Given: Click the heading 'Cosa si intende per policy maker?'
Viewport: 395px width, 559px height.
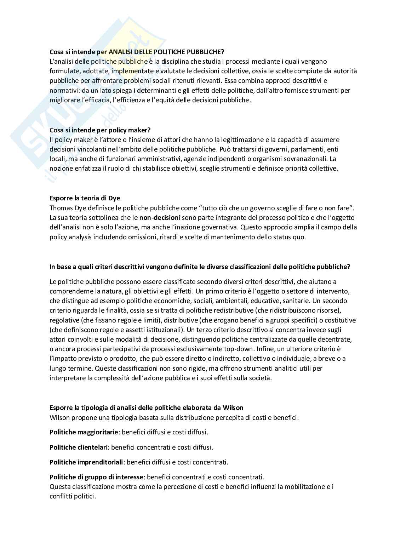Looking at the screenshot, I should [100, 130].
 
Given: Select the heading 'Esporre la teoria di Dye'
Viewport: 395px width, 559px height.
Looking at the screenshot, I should [85, 198].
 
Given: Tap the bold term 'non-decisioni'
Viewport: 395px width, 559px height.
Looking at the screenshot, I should [160, 217].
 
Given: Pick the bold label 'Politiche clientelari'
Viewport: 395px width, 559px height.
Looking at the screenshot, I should [79, 447].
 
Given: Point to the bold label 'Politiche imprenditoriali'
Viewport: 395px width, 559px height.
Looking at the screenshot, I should [86, 462].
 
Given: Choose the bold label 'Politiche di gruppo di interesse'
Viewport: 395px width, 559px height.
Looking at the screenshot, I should [97, 477].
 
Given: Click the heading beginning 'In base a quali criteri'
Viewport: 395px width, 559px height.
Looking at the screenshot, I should [200, 267].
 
